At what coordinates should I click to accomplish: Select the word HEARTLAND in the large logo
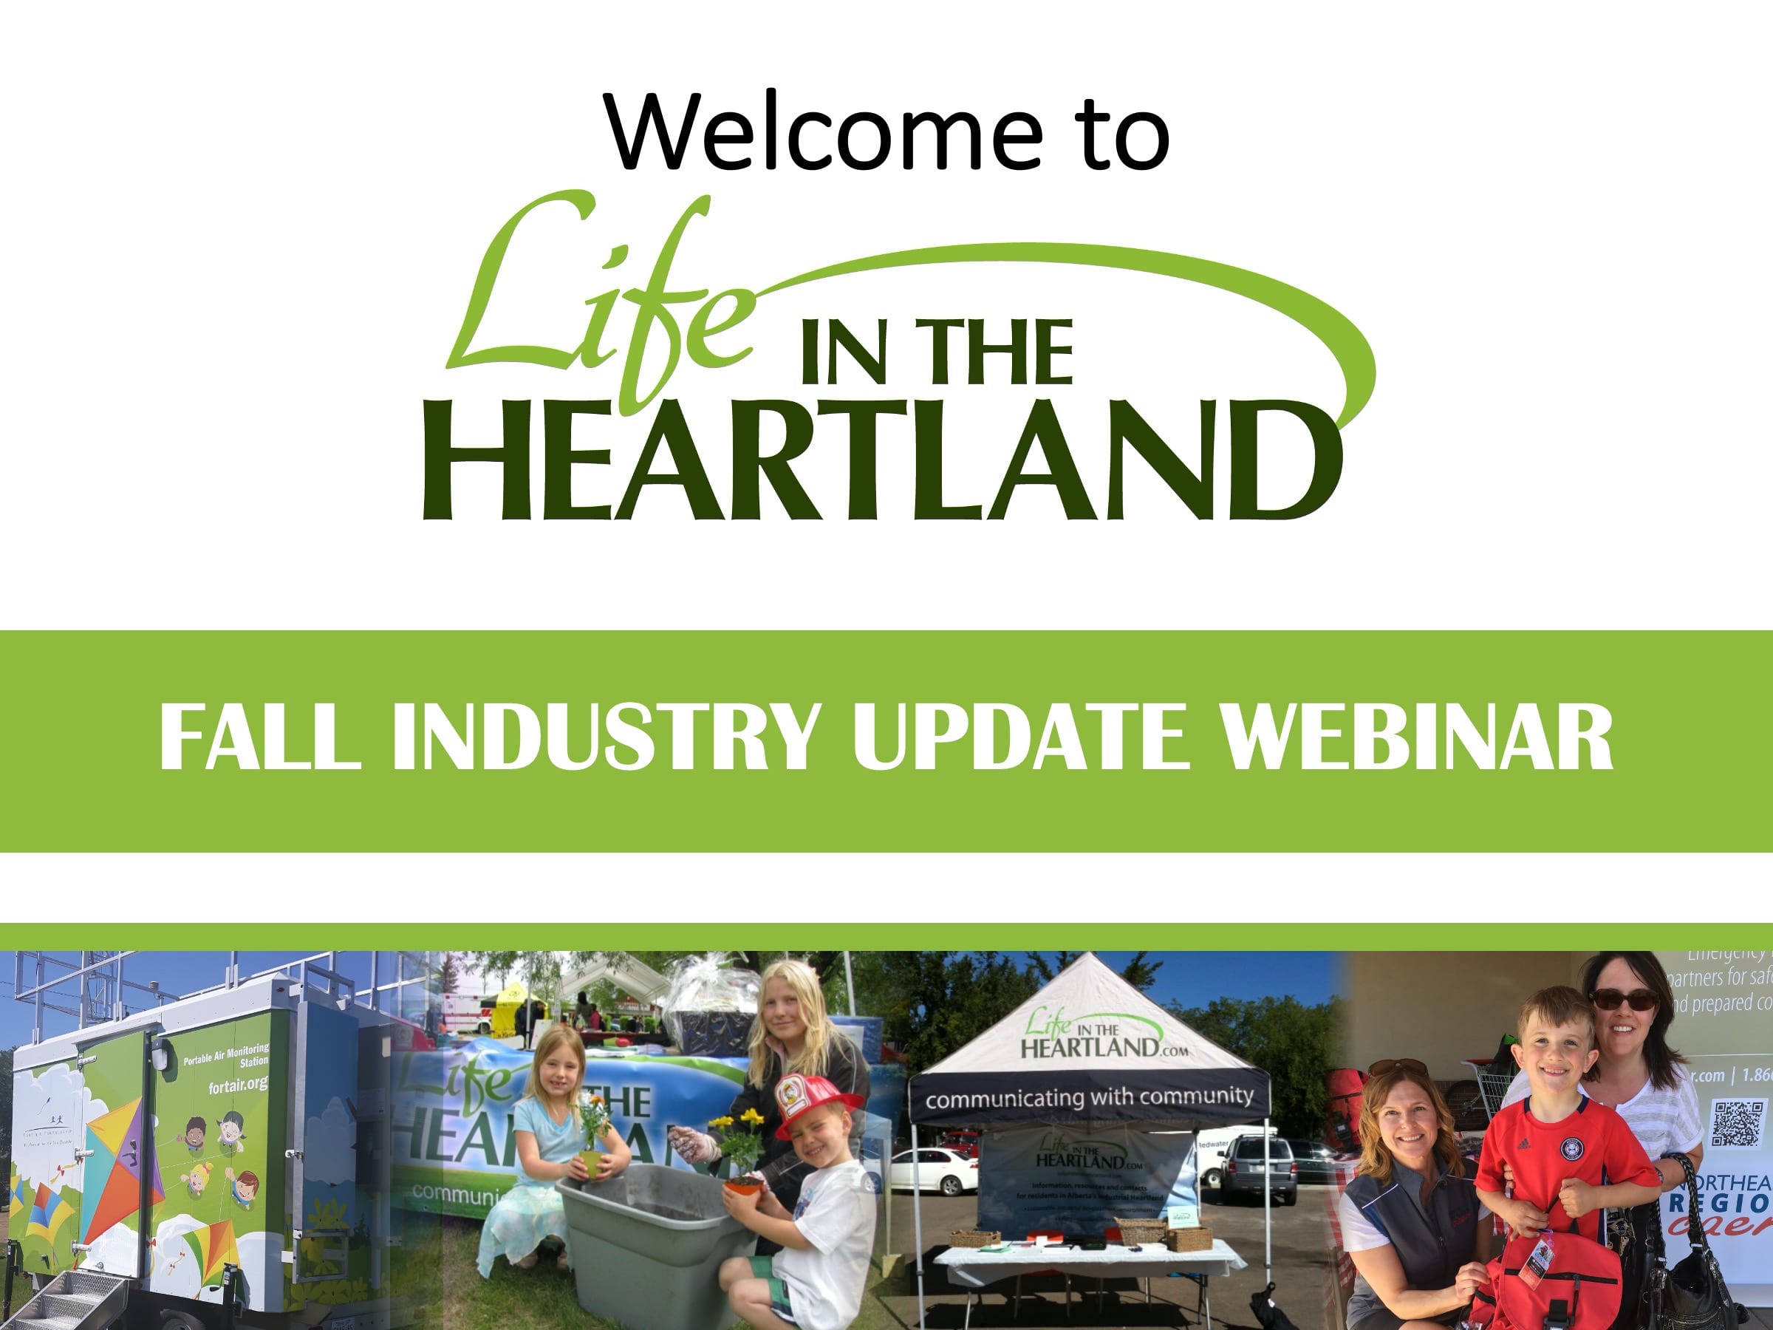881,461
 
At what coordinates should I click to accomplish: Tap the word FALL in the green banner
256,737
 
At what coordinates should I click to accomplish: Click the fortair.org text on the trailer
238,1086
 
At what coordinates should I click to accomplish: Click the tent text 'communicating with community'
1088,1097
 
